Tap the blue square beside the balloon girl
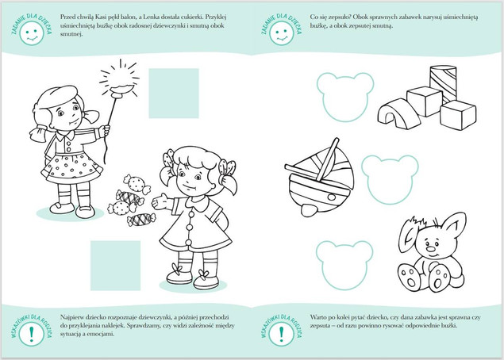[174, 93]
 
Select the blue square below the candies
[115, 266]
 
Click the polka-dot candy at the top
[137, 184]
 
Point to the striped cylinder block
[443, 83]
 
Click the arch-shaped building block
[398, 114]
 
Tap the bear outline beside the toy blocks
[345, 97]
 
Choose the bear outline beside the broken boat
[390, 180]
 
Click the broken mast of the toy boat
[327, 159]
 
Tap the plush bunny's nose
[430, 249]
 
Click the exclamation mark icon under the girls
[31, 334]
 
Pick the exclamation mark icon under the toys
[282, 334]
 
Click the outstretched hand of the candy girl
[160, 201]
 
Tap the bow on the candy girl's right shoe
[204, 274]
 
